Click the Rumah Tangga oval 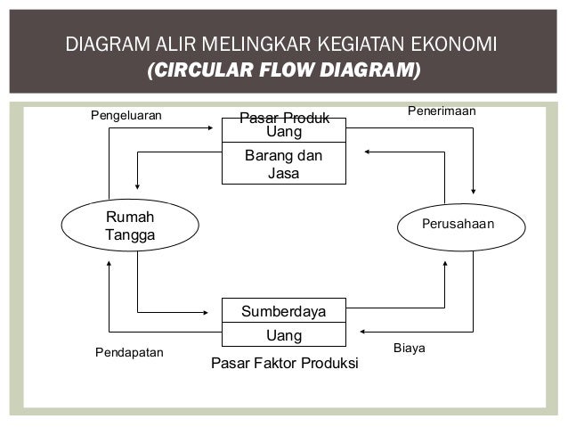click(130, 226)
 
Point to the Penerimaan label click(442, 111)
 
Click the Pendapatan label click(129, 352)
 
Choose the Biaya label click(409, 347)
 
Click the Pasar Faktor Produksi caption click(284, 364)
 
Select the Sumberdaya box click(284, 311)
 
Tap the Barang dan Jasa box click(284, 165)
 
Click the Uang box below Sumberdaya click(284, 335)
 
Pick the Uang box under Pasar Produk click(284, 133)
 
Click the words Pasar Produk click(285, 119)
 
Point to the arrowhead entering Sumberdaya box click(216, 312)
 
